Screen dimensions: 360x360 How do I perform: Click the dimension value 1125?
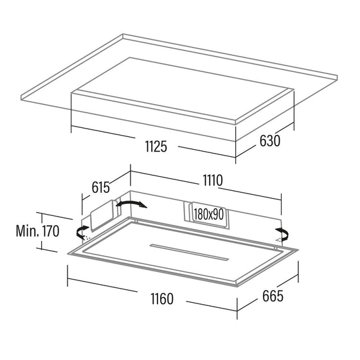(x=156, y=147)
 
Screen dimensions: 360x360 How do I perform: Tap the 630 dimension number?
(x=270, y=141)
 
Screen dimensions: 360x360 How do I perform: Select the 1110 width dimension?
(x=213, y=180)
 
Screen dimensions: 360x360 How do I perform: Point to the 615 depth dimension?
(x=100, y=187)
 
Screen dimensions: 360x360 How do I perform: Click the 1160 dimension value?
(x=162, y=299)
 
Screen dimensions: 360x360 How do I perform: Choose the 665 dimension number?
(x=273, y=296)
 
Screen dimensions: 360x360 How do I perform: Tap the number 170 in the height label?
(x=51, y=231)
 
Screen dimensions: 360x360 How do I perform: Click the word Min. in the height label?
(x=28, y=231)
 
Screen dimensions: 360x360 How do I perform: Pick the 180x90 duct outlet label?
(x=209, y=215)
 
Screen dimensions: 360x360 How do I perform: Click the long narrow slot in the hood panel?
(x=190, y=252)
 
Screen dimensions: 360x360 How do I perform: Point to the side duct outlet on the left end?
(x=102, y=215)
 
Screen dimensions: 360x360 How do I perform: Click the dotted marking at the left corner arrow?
(x=87, y=238)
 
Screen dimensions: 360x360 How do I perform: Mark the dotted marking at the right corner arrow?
(x=278, y=240)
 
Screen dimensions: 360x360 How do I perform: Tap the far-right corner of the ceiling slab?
(x=337, y=75)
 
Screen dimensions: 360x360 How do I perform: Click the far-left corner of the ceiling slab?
(x=21, y=95)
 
